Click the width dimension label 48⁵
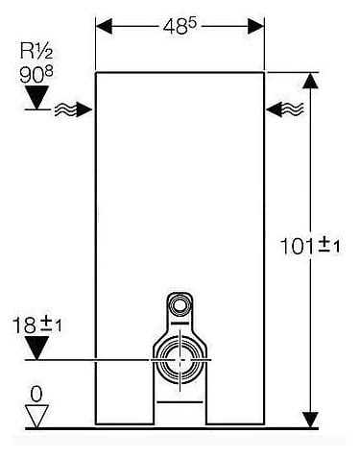coord(180,26)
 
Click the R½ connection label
coord(36,51)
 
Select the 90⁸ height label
coord(36,74)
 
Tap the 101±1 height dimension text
coord(310,246)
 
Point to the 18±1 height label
coord(36,325)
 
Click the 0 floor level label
coord(36,394)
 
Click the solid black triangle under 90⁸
coord(37,97)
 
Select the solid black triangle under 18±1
coord(36,348)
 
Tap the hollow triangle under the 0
coord(36,417)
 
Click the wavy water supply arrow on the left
coord(73,110)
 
